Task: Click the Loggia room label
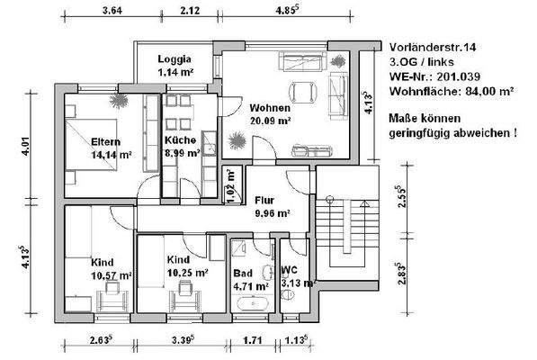click(174, 60)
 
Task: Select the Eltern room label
click(105, 140)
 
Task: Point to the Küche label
click(181, 140)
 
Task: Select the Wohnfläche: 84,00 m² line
click(452, 91)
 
